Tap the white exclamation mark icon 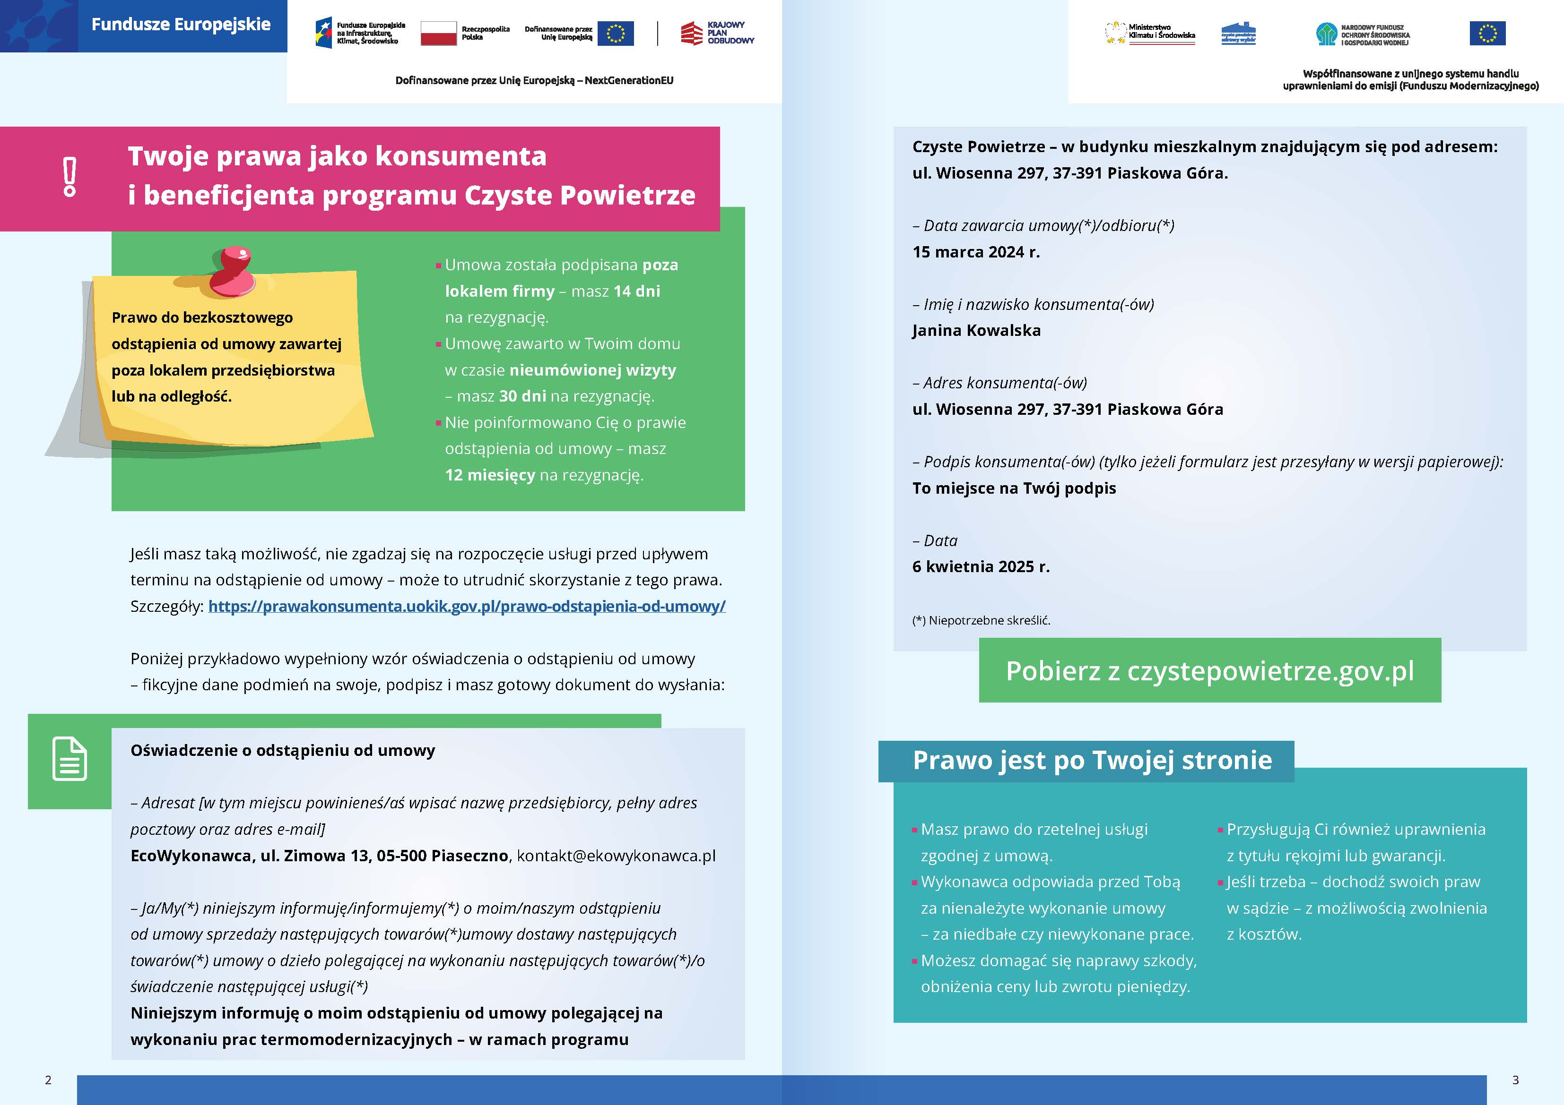pos(70,177)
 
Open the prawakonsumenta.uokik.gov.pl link pos(467,606)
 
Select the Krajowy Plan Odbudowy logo pos(717,33)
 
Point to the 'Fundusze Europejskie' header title pos(181,25)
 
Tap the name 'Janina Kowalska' pos(976,331)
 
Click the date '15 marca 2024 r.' pos(975,252)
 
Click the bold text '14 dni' pos(636,291)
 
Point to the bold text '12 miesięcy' pos(490,475)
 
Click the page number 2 pos(48,1080)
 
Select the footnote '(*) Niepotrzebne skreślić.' pos(981,620)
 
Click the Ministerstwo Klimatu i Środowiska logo pos(1149,33)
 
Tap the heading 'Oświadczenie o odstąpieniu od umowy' pos(283,750)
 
